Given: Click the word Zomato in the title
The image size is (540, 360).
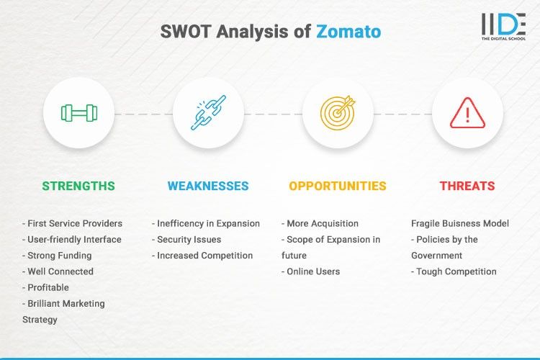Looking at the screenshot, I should tap(348, 32).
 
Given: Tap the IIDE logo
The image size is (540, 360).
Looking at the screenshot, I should tap(503, 27).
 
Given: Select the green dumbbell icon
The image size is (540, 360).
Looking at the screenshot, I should tap(78, 113).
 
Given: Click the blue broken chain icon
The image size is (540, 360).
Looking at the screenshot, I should tap(208, 113).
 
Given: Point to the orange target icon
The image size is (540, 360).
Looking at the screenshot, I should tap(338, 113).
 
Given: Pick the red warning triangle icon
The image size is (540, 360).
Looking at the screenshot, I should tap(467, 113).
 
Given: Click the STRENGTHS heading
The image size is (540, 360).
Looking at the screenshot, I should tap(78, 186).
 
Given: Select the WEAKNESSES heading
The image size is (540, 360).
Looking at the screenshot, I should tap(208, 186).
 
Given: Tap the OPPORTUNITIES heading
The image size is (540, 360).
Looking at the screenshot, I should tap(338, 186).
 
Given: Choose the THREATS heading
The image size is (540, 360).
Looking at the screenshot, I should tap(467, 186).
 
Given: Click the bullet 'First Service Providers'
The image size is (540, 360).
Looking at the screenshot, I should tap(73, 223).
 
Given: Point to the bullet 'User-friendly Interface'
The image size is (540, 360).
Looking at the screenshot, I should tap(72, 239).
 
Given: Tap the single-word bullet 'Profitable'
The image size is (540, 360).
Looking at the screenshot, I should tap(48, 287).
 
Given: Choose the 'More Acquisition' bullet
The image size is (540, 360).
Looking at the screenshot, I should tap(322, 223).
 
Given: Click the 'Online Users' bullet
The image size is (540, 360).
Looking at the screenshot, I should tap(313, 271).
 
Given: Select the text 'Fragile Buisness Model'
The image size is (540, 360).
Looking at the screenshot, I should tap(460, 223).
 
